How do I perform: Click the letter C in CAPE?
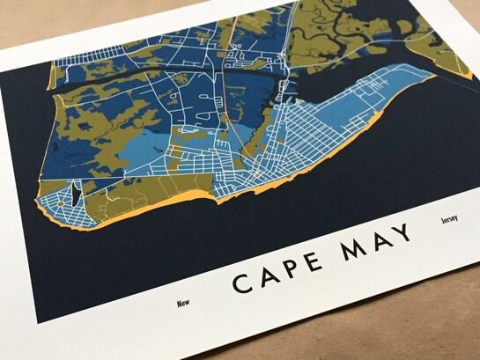click(x=241, y=283)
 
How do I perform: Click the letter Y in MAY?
click(x=402, y=234)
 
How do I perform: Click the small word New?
click(x=183, y=303)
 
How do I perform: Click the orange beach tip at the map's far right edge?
click(x=458, y=77)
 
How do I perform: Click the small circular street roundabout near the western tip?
click(x=59, y=203)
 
